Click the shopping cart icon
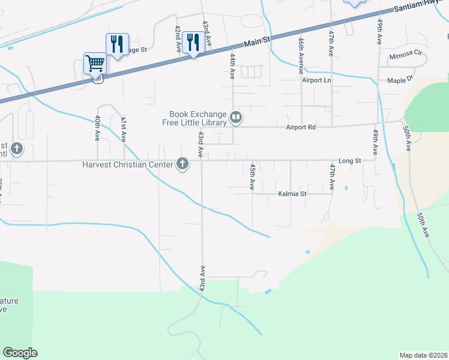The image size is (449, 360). (x=95, y=62)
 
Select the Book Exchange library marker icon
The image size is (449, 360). (x=237, y=118)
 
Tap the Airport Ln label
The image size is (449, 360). (x=316, y=80)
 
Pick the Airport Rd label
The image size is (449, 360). (x=300, y=127)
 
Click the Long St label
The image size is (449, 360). (x=349, y=161)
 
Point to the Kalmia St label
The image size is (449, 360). (x=292, y=194)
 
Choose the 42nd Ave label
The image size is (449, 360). (x=178, y=39)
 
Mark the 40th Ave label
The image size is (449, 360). (x=97, y=128)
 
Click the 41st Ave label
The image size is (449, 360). (x=123, y=128)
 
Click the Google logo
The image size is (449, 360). (x=20, y=353)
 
